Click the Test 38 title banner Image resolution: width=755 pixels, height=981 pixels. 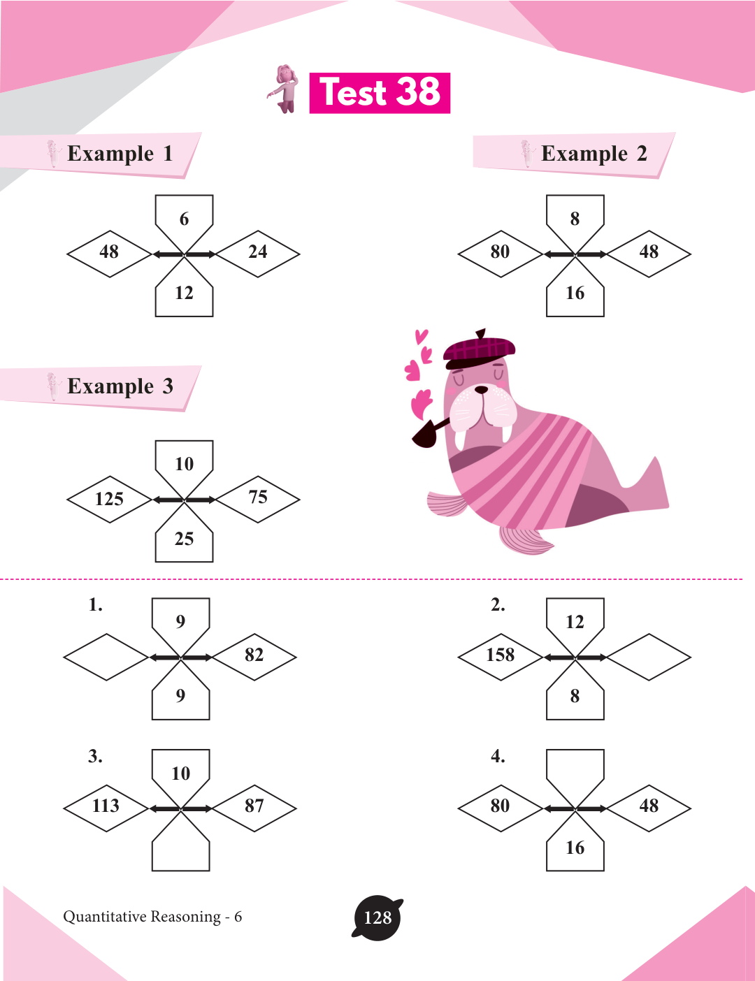coord(380,93)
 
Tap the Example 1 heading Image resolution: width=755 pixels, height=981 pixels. coord(120,154)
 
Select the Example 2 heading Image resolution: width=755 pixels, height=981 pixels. coord(594,154)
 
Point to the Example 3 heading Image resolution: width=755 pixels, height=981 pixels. coord(120,386)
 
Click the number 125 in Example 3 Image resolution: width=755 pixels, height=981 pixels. coord(109,499)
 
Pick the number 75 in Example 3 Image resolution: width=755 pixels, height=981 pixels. coord(258,497)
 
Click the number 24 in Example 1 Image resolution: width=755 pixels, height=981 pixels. coord(258,252)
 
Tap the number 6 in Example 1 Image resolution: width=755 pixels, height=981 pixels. coord(184,219)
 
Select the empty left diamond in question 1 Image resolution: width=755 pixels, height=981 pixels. coord(106,657)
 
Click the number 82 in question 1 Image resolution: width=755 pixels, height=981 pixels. coord(254,655)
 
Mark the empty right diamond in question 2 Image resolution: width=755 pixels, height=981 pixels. coord(649,657)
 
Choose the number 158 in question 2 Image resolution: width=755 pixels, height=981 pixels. coord(501,655)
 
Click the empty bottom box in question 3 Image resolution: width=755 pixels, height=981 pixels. coord(181,850)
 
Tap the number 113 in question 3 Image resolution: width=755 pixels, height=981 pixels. coord(106,806)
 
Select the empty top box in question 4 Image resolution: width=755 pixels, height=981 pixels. coord(575,769)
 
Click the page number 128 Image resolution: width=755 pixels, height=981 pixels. coord(377,917)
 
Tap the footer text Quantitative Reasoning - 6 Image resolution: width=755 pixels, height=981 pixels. coord(152,917)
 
